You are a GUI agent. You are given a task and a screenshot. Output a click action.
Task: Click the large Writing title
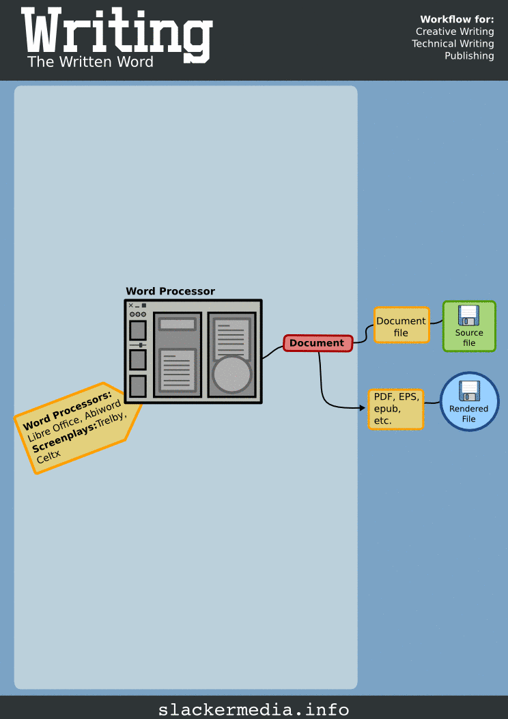tap(116, 33)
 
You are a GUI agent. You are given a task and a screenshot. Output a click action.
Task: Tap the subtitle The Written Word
tap(90, 62)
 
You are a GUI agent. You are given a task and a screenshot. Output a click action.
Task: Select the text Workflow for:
tap(457, 19)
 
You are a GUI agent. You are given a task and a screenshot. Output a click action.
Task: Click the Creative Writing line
tap(455, 31)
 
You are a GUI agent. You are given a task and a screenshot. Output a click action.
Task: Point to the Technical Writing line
tap(453, 44)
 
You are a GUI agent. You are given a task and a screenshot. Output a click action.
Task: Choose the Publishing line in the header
tap(469, 56)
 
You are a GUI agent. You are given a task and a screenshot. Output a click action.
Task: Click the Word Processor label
tap(170, 291)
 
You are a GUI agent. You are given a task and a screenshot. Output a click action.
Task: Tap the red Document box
tap(317, 343)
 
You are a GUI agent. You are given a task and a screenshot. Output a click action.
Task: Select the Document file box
tap(401, 326)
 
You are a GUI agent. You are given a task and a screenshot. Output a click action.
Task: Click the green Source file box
tap(469, 327)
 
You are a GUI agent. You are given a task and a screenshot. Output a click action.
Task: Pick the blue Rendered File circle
tap(469, 402)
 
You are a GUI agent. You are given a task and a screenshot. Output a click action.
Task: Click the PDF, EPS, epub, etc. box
tap(395, 409)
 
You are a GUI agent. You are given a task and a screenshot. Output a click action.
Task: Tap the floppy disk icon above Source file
tap(469, 315)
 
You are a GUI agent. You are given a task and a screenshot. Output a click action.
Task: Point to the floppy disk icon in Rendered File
tap(469, 391)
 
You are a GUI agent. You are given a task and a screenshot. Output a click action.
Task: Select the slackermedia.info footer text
tap(254, 709)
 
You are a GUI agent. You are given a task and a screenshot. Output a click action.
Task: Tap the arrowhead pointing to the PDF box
tap(362, 408)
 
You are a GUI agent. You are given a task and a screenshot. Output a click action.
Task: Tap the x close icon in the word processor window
tap(131, 306)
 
